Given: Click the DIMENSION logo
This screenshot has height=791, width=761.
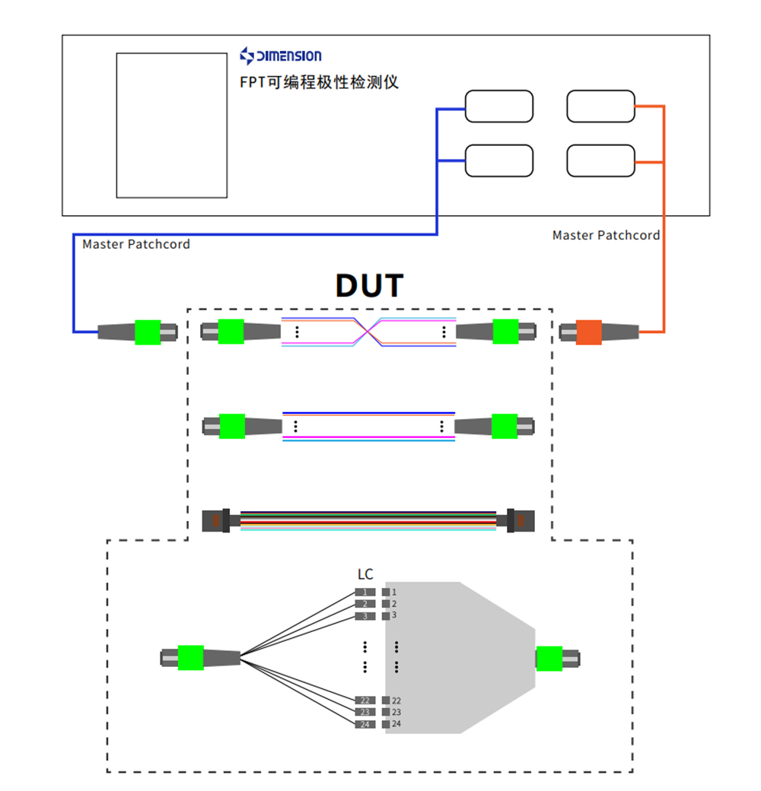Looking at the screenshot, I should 280,56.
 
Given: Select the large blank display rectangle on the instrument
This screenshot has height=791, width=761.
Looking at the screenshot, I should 171,125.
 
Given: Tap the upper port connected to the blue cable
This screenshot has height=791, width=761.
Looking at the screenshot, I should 498,106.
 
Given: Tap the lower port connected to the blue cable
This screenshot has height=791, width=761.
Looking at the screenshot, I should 498,160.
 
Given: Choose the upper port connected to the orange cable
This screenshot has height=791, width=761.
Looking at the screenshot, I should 600,106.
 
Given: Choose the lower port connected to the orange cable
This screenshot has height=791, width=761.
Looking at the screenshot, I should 600,160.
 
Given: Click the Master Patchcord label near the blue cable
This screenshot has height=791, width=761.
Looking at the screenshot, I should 136,244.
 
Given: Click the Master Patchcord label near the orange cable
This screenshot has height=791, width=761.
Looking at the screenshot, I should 606,235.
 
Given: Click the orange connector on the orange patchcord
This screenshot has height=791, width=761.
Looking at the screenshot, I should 588,332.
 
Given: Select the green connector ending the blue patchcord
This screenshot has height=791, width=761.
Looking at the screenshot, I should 148,332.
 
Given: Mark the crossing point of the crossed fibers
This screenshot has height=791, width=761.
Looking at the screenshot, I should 369,331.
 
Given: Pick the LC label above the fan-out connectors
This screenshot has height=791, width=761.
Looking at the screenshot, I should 365,574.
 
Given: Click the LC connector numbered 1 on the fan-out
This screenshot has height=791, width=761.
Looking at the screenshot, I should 365,592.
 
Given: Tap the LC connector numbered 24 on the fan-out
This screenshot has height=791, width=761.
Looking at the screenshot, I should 365,724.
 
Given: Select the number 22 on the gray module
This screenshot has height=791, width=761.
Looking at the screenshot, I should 396,700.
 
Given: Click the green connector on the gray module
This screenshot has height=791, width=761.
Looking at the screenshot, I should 549,658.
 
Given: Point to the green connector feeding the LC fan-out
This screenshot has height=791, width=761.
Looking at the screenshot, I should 190,657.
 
